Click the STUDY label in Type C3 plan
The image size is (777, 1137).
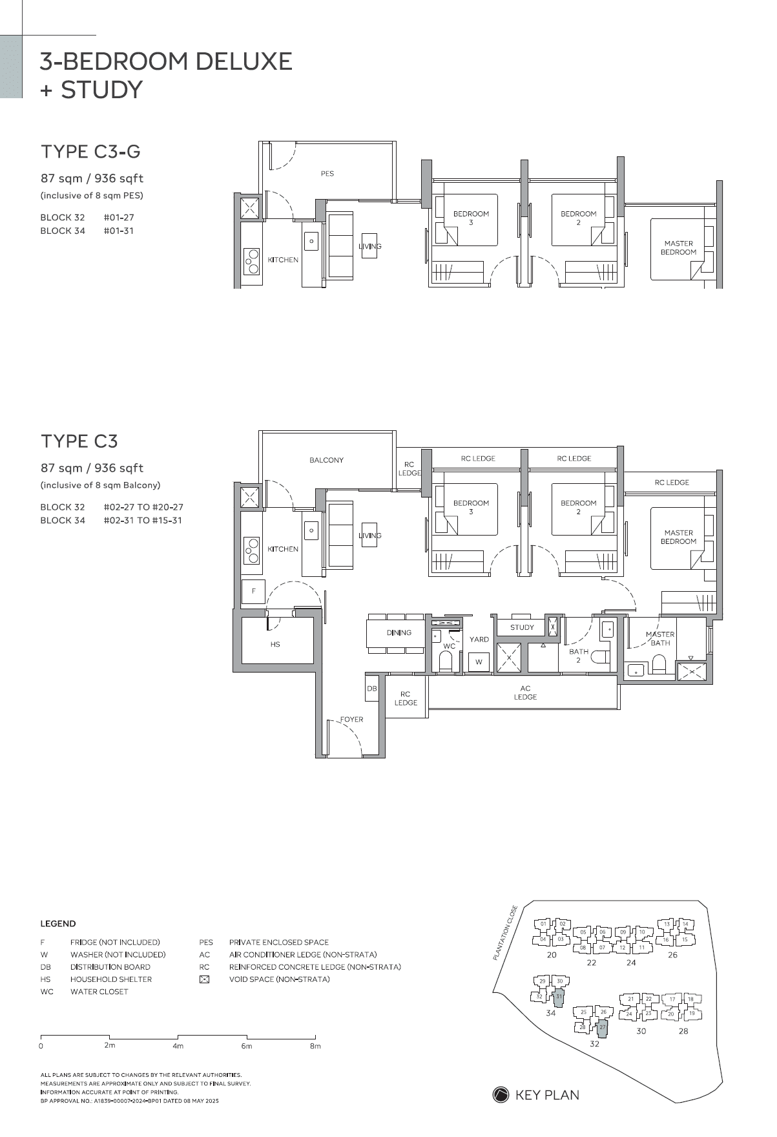tap(522, 627)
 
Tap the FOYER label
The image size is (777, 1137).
tap(352, 719)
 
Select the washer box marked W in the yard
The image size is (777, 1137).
tap(479, 662)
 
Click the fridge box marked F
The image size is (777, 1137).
tap(254, 591)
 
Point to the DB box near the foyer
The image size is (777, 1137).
tap(372, 689)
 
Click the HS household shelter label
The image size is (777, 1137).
tap(275, 644)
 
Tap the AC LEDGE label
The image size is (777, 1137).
tap(525, 693)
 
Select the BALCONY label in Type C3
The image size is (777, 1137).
tap(326, 460)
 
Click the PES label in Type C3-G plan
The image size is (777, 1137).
tap(327, 173)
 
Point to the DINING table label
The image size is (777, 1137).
tap(399, 632)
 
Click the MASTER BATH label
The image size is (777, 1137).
tap(660, 638)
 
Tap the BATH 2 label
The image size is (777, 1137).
tap(579, 656)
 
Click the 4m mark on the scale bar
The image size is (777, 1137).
tap(178, 1045)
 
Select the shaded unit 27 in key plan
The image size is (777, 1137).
tap(602, 1027)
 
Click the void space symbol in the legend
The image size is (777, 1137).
tap(204, 979)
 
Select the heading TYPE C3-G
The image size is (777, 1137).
tap(90, 152)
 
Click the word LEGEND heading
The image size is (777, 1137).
tap(58, 924)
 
